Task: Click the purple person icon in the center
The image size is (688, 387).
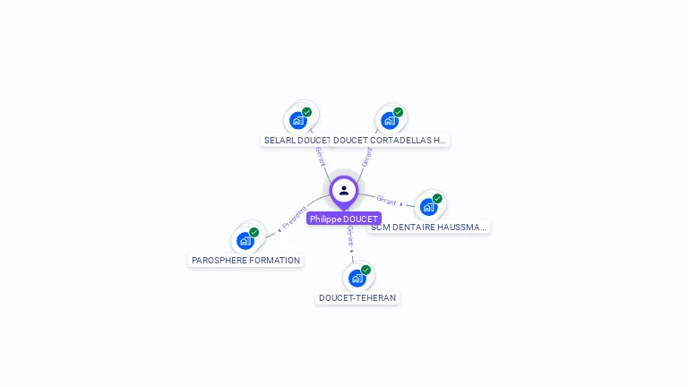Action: pyautogui.click(x=344, y=190)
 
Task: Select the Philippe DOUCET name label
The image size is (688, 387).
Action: pyautogui.click(x=344, y=219)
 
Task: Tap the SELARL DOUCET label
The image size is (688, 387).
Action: pyautogui.click(x=297, y=141)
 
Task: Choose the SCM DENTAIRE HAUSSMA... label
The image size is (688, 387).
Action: pyautogui.click(x=429, y=228)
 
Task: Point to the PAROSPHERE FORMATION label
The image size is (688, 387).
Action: pyautogui.click(x=246, y=261)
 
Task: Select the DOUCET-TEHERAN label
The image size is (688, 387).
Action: pyautogui.click(x=357, y=298)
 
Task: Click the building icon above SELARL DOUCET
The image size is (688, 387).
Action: pyautogui.click(x=298, y=120)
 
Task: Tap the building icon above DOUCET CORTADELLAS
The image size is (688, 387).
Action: pyautogui.click(x=390, y=120)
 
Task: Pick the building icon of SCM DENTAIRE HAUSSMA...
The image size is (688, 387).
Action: pyautogui.click(x=429, y=207)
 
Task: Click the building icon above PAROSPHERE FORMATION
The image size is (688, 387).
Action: pyautogui.click(x=245, y=240)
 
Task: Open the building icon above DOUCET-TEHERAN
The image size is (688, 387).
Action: pyautogui.click(x=357, y=278)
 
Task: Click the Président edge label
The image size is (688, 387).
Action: pyautogui.click(x=295, y=218)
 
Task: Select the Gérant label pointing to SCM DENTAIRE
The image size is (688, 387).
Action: pyautogui.click(x=387, y=201)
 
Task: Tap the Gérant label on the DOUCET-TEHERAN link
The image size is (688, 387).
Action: pyautogui.click(x=350, y=236)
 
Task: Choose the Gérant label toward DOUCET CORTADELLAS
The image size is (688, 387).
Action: pyautogui.click(x=366, y=156)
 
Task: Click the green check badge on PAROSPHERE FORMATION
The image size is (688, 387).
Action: pyautogui.click(x=254, y=232)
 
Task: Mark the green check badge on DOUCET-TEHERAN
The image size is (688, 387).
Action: pyautogui.click(x=365, y=270)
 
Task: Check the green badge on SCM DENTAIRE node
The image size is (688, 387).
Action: pyautogui.click(x=437, y=199)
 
